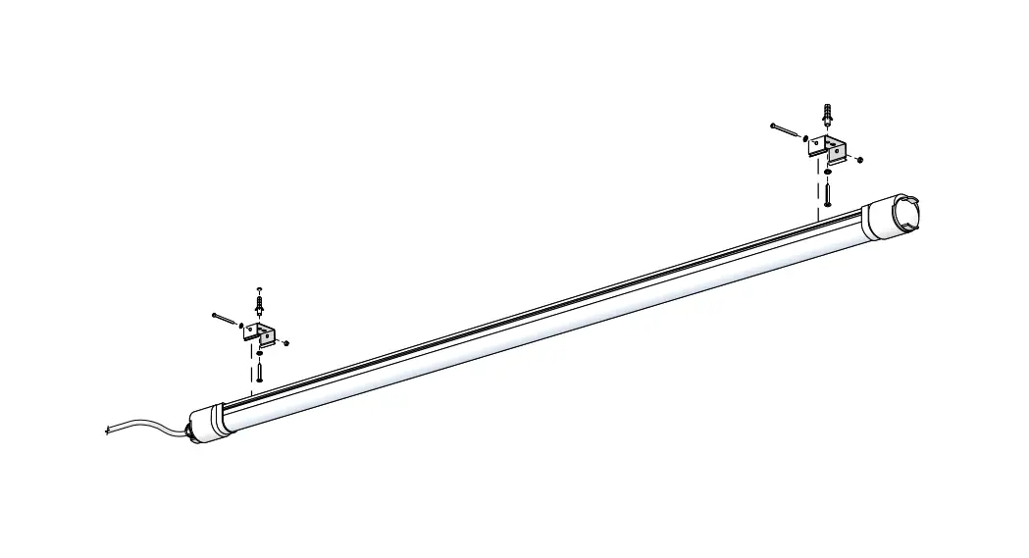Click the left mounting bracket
[261, 333]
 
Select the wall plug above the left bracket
[259, 305]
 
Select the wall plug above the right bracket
[829, 115]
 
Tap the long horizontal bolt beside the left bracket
[225, 319]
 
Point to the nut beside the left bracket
[286, 342]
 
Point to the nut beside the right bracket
[859, 159]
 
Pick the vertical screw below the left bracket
[260, 371]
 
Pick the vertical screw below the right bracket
[828, 193]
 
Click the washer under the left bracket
[260, 353]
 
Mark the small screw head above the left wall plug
[259, 289]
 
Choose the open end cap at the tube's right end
[896, 215]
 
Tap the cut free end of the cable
[107, 430]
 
